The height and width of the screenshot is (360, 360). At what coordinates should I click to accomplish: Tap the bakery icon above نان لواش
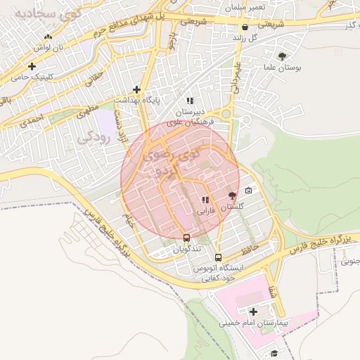(47, 37)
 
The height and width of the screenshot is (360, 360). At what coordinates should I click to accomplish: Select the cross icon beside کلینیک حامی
(32, 67)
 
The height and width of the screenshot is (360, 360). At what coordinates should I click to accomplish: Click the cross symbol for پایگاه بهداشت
(137, 89)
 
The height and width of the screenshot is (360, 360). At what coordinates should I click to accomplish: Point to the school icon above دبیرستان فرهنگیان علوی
(190, 101)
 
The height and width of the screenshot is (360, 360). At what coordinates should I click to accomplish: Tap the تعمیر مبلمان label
(246, 6)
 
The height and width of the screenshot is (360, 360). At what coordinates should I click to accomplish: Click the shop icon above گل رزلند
(244, 27)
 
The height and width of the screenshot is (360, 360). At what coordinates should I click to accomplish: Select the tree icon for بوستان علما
(283, 56)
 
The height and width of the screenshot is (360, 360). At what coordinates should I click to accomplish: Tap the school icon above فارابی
(205, 200)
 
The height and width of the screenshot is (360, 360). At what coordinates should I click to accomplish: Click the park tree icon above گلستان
(233, 195)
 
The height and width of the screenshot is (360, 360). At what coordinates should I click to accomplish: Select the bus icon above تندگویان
(186, 238)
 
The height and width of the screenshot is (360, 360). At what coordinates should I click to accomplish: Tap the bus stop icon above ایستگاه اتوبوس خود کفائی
(218, 257)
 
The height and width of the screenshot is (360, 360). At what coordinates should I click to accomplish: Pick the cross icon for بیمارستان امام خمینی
(253, 311)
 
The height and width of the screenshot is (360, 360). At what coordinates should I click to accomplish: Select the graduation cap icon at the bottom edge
(274, 353)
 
